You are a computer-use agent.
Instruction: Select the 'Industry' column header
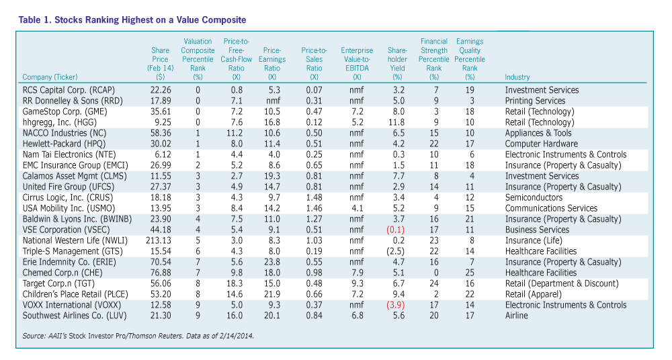coord(518,77)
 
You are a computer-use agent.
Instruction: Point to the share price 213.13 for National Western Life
coord(159,240)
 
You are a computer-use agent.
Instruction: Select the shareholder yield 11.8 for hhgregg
coord(397,122)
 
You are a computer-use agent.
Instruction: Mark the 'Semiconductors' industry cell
coord(534,197)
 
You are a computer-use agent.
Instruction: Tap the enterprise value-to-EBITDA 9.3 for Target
coord(358,283)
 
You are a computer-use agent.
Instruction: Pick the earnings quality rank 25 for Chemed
coord(470,273)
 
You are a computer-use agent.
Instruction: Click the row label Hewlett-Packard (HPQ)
coord(65,144)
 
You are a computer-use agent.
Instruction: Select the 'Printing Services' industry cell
coord(535,101)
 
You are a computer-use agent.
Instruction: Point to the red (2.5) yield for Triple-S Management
coord(396,251)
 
